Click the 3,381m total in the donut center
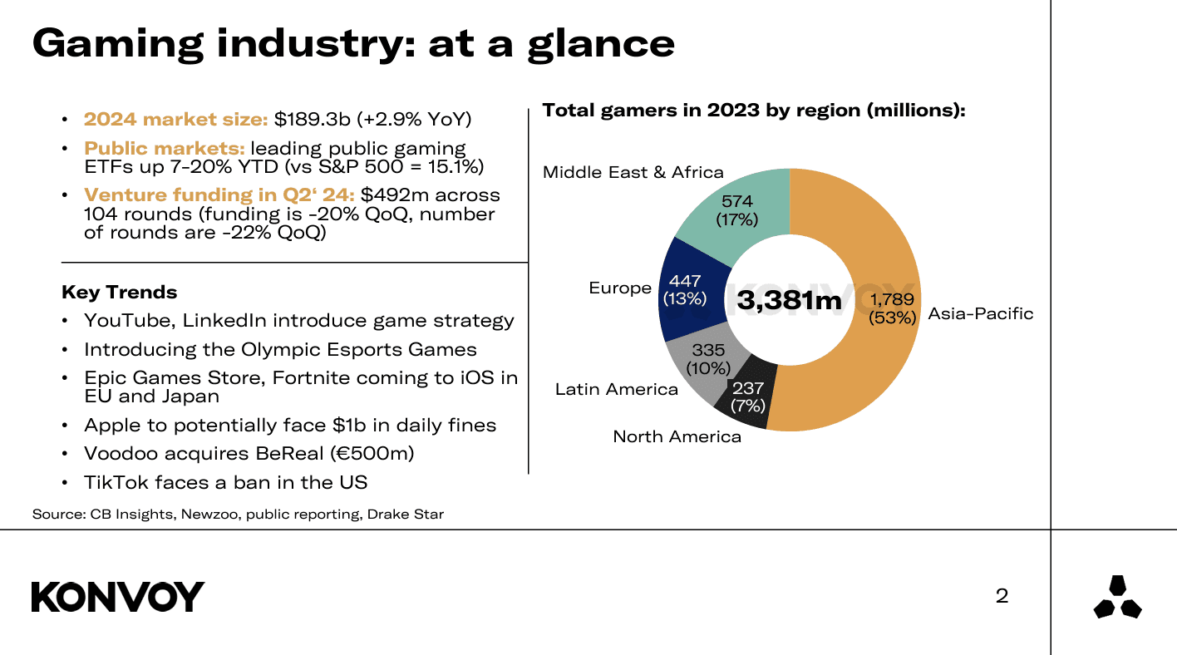pyautogui.click(x=789, y=300)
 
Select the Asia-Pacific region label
pyautogui.click(x=980, y=313)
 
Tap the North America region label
pyautogui.click(x=677, y=436)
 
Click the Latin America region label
pyautogui.click(x=616, y=389)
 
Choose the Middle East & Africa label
pyautogui.click(x=633, y=172)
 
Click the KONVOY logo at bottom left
pyautogui.click(x=118, y=597)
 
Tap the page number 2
pyautogui.click(x=1002, y=596)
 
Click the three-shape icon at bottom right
pyautogui.click(x=1117, y=598)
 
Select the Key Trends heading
pyautogui.click(x=119, y=293)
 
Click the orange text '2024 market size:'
pyautogui.click(x=175, y=119)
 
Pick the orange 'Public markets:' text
pyautogui.click(x=164, y=148)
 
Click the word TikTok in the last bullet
pyautogui.click(x=111, y=482)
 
